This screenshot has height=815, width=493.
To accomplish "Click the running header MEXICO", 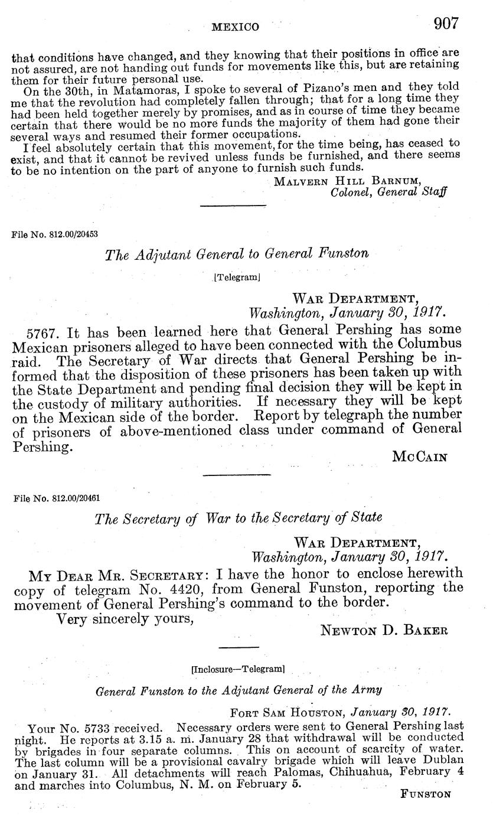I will click(x=235, y=27).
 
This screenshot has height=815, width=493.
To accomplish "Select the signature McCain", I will click(x=419, y=456).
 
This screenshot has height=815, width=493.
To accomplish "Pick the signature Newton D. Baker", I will click(x=384, y=630).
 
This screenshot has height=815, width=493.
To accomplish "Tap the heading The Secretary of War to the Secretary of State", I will click(x=239, y=517).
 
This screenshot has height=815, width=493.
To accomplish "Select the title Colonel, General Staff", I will click(x=388, y=192).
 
